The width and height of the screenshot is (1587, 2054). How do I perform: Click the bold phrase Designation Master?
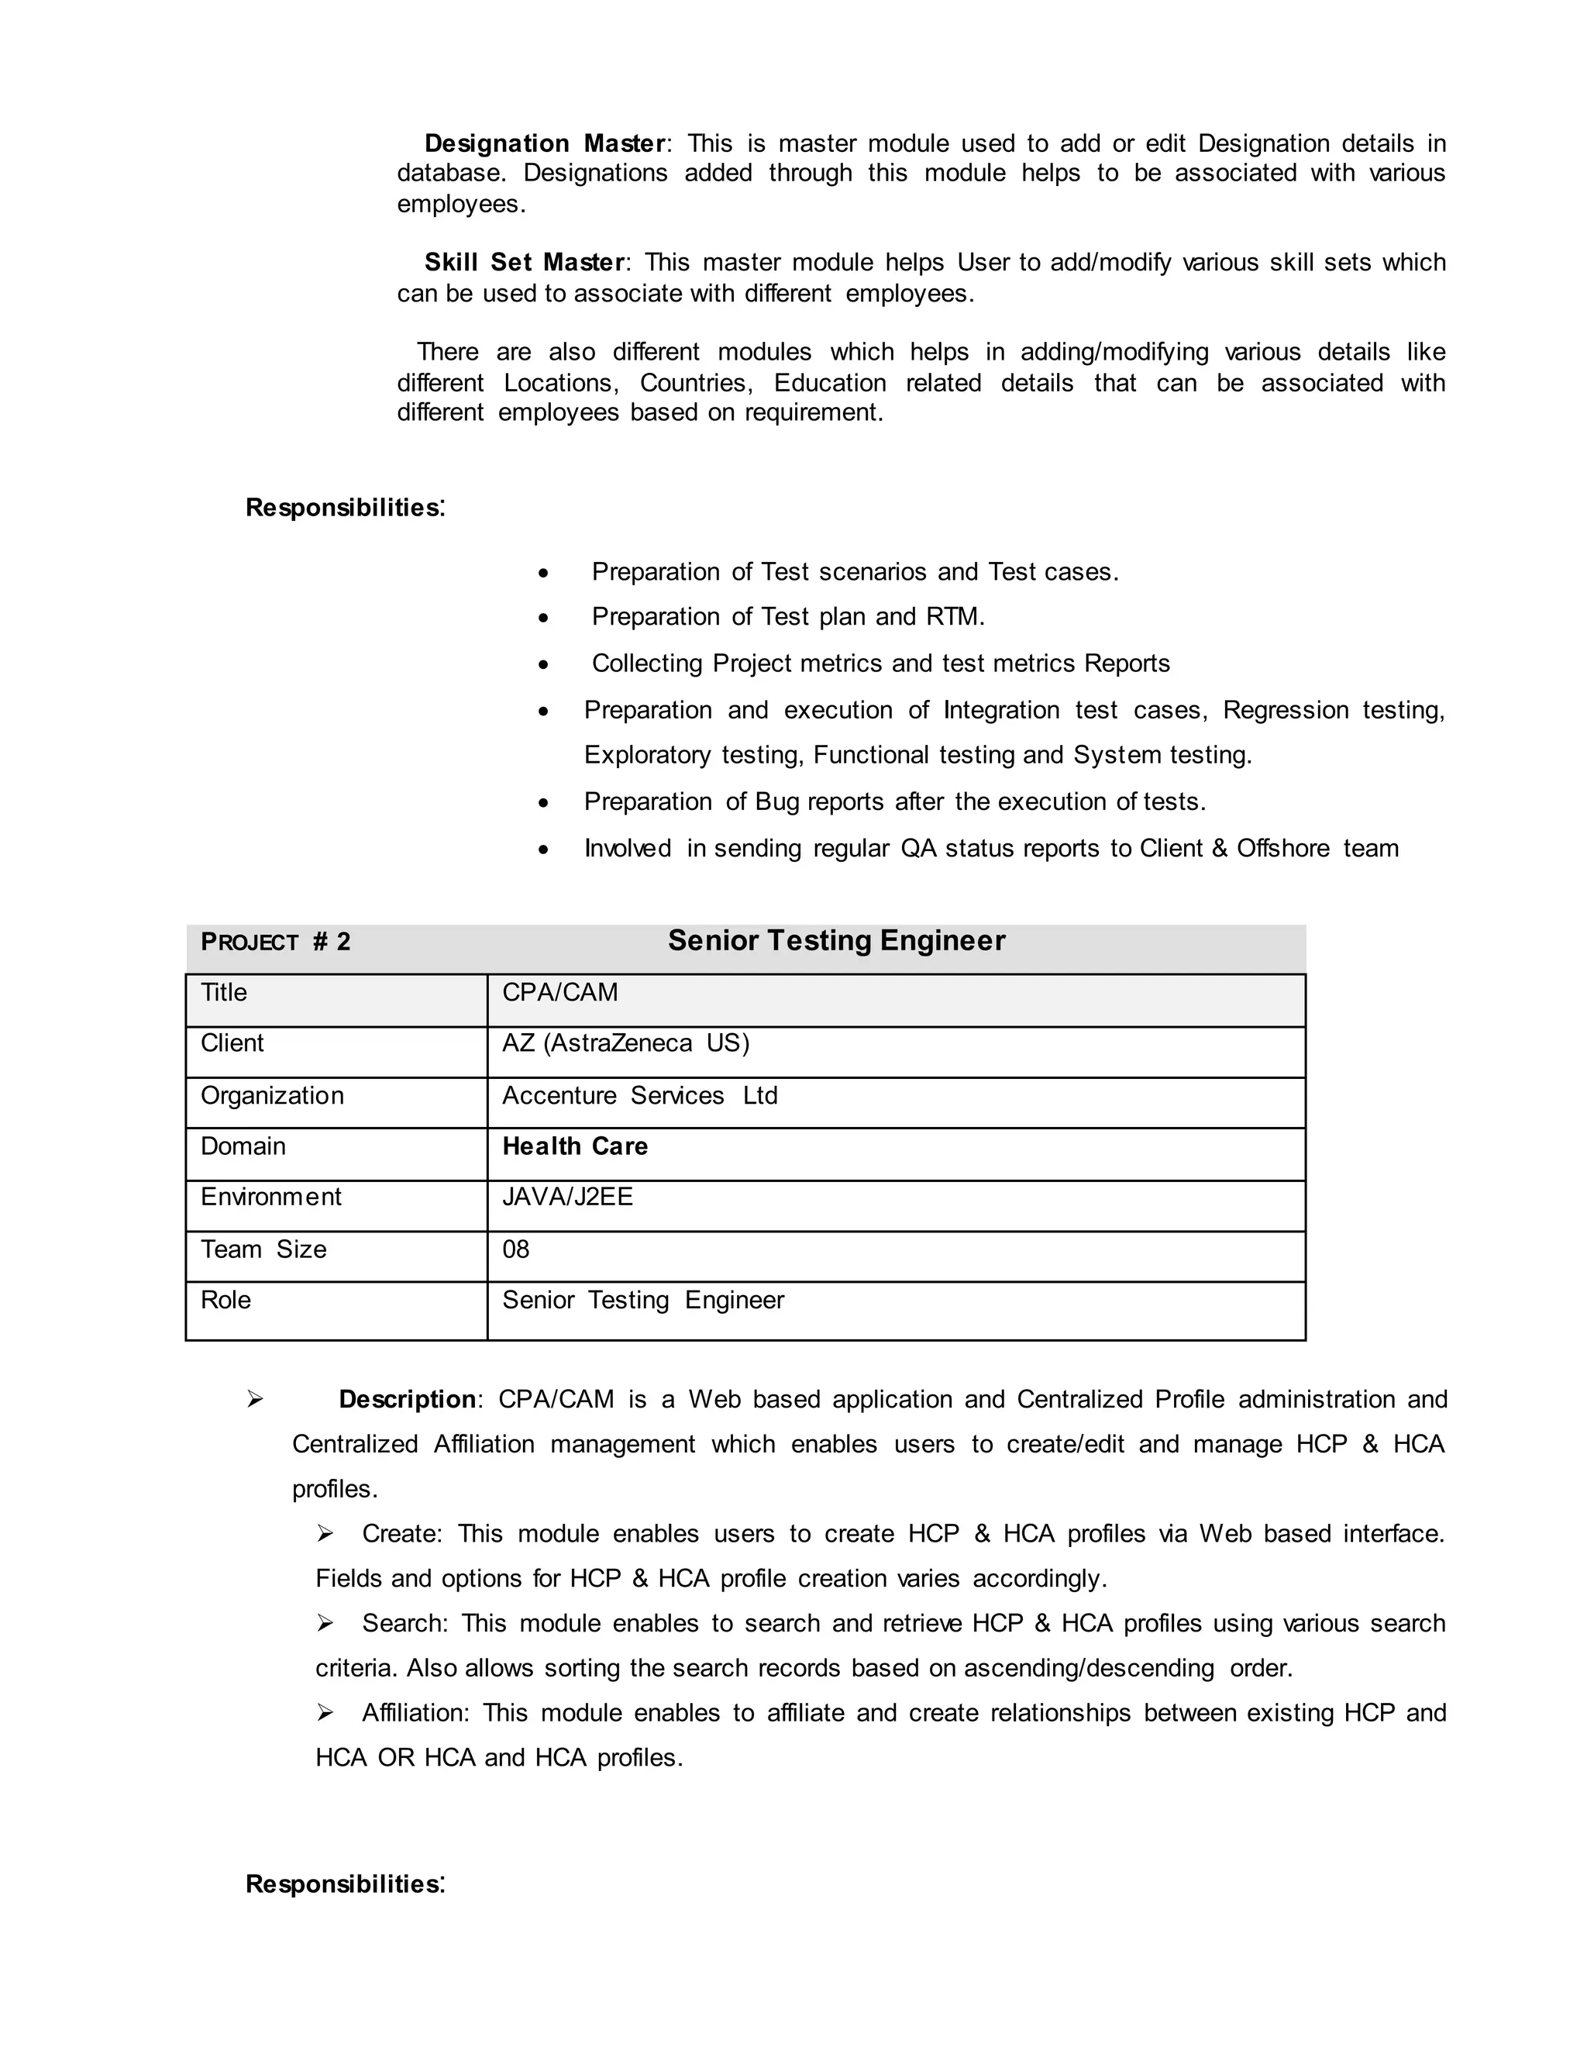point(544,144)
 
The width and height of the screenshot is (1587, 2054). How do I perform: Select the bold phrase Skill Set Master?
point(524,263)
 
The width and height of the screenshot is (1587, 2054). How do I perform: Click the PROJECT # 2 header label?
point(275,943)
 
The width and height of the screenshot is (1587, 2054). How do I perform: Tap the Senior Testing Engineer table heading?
point(836,940)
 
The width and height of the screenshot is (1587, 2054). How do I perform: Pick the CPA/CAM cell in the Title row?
point(560,993)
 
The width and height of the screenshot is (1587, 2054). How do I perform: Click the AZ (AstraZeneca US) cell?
point(625,1044)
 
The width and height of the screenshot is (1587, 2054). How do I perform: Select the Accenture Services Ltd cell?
point(639,1097)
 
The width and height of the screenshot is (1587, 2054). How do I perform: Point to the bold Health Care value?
point(574,1147)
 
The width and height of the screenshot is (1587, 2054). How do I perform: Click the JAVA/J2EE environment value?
point(567,1198)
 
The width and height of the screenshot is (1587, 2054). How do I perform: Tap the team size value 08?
point(516,1251)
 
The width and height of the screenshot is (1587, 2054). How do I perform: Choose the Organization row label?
point(272,1097)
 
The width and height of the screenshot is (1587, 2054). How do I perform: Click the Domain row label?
point(243,1147)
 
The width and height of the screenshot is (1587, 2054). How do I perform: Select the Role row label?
point(225,1301)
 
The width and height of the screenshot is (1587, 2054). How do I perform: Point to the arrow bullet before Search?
point(325,1623)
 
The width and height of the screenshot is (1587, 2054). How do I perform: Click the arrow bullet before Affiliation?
point(325,1714)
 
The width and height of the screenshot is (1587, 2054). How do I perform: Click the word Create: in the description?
point(401,1534)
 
